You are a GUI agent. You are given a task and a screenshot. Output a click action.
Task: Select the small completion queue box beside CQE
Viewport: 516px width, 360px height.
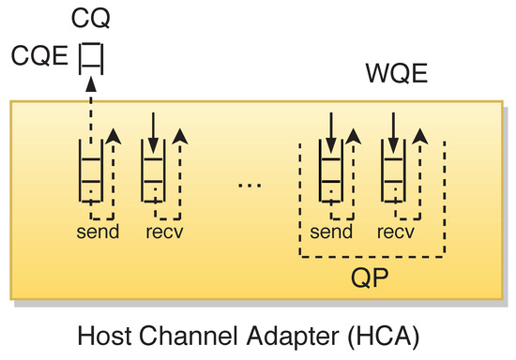tap(90, 59)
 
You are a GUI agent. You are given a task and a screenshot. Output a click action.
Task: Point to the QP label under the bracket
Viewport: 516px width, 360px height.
tap(371, 279)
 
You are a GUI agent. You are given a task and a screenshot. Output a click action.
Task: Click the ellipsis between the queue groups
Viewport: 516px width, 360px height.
tap(249, 185)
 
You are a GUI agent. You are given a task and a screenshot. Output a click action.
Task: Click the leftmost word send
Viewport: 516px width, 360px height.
tap(98, 230)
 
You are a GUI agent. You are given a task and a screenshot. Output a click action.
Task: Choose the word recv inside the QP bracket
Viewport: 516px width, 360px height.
tap(397, 230)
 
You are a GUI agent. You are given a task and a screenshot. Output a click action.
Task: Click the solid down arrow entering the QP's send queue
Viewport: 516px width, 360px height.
tap(330, 127)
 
